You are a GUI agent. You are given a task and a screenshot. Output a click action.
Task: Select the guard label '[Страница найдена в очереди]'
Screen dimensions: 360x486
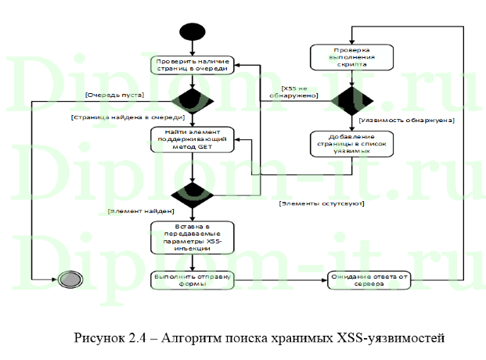tap(121, 117)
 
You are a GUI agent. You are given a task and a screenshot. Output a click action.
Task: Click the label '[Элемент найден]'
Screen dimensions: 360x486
tap(141, 211)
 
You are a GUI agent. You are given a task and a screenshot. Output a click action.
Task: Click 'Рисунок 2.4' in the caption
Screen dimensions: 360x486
tap(110, 338)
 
